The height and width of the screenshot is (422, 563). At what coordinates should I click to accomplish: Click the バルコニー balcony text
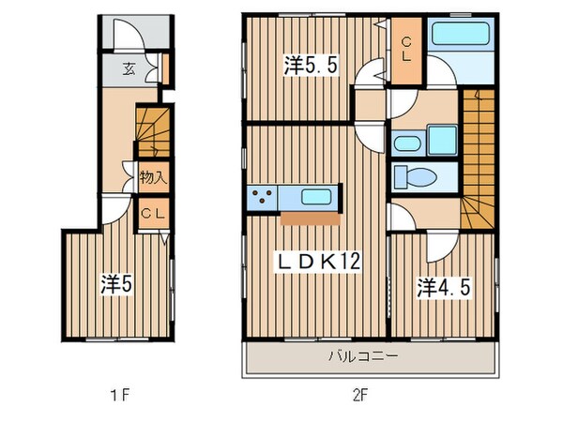pyautogui.click(x=364, y=357)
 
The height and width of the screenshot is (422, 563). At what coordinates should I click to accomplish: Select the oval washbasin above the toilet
pyautogui.click(x=406, y=143)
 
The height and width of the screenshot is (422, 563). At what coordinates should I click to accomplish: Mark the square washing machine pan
pyautogui.click(x=440, y=141)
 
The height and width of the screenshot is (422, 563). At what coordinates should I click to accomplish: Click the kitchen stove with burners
pyautogui.click(x=261, y=197)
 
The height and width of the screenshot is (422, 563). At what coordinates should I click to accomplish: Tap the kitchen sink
pyautogui.click(x=313, y=197)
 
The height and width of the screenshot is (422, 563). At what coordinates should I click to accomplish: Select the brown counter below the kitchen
pyautogui.click(x=309, y=219)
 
